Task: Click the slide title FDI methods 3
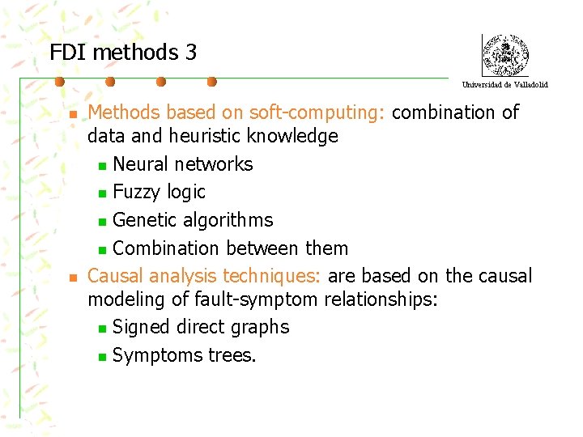123,53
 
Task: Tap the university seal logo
504,55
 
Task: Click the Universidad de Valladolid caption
504,84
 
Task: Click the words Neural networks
183,164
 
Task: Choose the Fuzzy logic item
160,192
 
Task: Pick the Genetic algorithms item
193,220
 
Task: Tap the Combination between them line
230,248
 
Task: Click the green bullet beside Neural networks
101,166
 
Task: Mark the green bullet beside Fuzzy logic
101,193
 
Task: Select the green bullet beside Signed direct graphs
101,329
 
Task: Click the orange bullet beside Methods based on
72,115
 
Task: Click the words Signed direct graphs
201,327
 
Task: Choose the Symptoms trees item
185,355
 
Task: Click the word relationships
381,300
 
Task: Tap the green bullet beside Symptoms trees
101,357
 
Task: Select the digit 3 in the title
190,53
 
